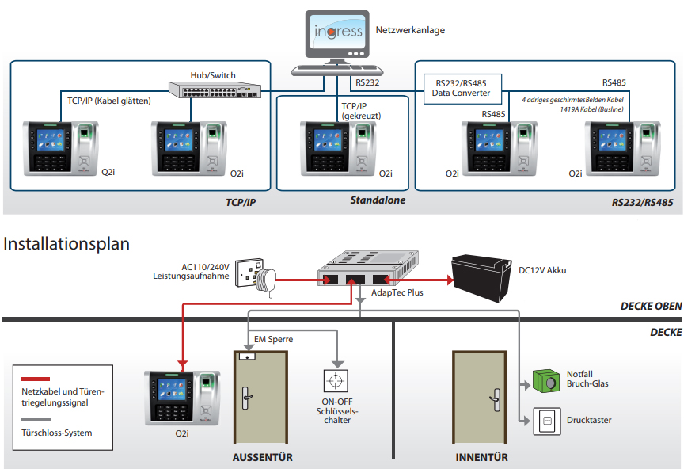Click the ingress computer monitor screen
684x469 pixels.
pyautogui.click(x=337, y=32)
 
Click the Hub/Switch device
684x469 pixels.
pyautogui.click(x=215, y=90)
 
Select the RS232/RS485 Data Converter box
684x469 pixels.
pyautogui.click(x=462, y=89)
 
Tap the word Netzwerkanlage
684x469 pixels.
pyautogui.click(x=410, y=30)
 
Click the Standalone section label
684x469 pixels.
pyautogui.click(x=378, y=200)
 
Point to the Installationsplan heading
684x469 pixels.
pyautogui.click(x=66, y=244)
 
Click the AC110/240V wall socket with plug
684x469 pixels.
pyautogui.click(x=256, y=276)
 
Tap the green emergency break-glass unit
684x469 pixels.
pyautogui.click(x=546, y=381)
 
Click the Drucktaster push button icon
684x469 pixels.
pyautogui.click(x=547, y=421)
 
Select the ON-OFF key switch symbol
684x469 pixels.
pyautogui.click(x=336, y=381)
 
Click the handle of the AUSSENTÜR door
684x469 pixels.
pyautogui.click(x=246, y=398)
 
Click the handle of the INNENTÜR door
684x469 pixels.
pyautogui.click(x=496, y=400)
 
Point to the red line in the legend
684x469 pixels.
pyautogui.click(x=36, y=379)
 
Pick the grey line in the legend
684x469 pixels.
pyautogui.click(x=36, y=419)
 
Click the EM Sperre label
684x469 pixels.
pyautogui.click(x=273, y=339)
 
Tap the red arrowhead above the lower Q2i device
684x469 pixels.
pyautogui.click(x=183, y=364)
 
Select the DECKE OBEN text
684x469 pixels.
pyautogui.click(x=652, y=306)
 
